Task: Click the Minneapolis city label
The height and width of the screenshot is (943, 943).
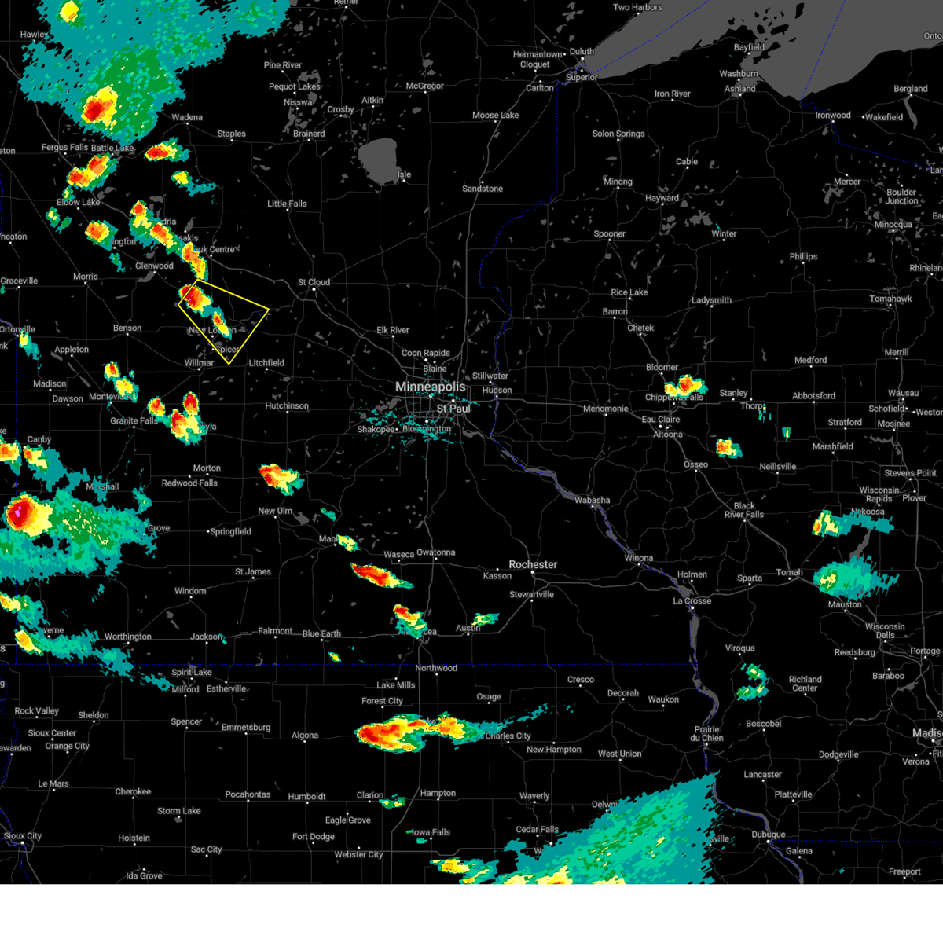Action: [430, 387]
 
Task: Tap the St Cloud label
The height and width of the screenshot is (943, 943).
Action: [314, 282]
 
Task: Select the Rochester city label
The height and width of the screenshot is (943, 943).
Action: [533, 564]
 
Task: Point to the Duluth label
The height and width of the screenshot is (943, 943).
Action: [582, 52]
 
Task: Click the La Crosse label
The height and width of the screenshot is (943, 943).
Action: [692, 600]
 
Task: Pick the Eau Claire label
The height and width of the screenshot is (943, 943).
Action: [660, 420]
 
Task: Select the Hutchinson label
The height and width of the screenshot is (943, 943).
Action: [287, 406]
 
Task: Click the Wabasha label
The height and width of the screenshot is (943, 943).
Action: [592, 500]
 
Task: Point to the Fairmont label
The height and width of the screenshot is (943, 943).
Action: [275, 631]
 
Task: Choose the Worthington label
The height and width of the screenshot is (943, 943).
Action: [128, 637]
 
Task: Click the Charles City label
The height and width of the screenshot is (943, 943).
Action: [508, 736]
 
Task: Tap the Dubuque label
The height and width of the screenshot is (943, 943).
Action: [768, 835]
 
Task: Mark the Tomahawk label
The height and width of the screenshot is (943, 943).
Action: [890, 299]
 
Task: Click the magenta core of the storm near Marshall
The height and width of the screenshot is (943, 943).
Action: [18, 512]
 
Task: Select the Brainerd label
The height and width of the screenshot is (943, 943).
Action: [309, 134]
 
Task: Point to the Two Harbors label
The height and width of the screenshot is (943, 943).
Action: [637, 7]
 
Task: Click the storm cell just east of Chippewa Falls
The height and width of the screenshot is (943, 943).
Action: [684, 385]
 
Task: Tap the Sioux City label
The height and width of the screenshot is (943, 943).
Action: [23, 836]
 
